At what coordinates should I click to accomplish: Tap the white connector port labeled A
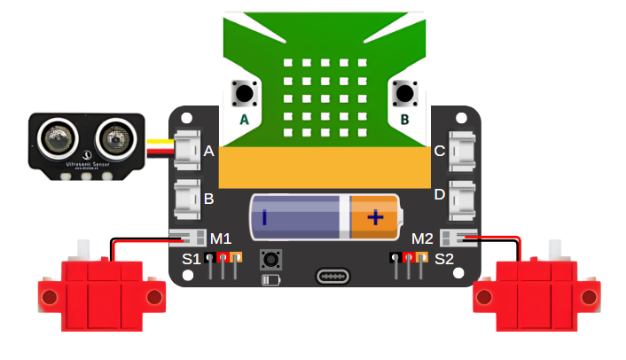(187, 150)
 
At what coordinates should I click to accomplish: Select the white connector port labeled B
(187, 199)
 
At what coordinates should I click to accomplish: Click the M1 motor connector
(188, 238)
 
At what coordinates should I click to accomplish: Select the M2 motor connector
(464, 238)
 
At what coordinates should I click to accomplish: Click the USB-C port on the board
(334, 276)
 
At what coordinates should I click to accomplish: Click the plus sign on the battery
(375, 217)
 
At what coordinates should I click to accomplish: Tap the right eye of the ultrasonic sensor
(113, 138)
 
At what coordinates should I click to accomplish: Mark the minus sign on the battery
(265, 217)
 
